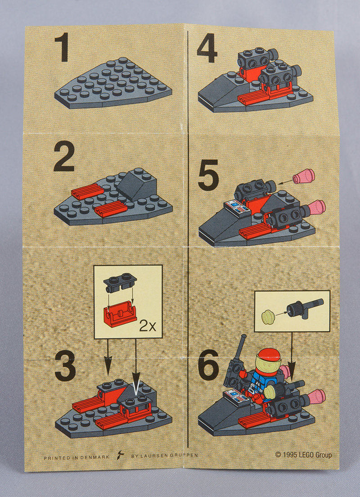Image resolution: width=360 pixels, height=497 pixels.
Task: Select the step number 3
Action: coord(65,366)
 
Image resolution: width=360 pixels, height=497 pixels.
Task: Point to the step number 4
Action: coord(207,48)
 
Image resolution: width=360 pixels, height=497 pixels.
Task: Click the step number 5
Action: coord(208,175)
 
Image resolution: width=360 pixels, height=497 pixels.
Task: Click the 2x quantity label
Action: coord(148,326)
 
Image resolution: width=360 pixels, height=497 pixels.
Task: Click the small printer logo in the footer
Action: coord(120,455)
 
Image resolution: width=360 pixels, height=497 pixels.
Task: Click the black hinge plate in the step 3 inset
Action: coord(120,282)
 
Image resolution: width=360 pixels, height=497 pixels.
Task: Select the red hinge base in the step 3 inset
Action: coord(120,313)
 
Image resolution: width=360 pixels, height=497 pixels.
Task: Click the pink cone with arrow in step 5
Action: coord(304,176)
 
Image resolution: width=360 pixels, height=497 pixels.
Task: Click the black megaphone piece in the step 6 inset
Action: coord(305,308)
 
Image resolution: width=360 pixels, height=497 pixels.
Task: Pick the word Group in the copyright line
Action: coord(324,455)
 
